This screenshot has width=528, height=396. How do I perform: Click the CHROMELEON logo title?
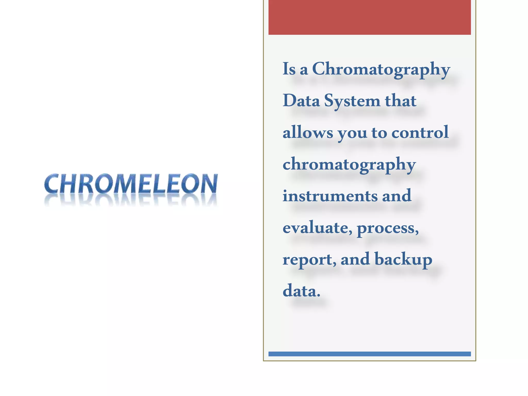tap(131, 184)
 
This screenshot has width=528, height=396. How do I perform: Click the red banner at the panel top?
tap(369, 17)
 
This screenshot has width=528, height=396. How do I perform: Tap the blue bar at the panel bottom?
tap(369, 354)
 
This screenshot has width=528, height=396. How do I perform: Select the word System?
tap(352, 101)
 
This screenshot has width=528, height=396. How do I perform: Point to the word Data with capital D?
tap(301, 101)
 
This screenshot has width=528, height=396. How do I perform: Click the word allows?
tap(308, 132)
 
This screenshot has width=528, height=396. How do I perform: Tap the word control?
tap(420, 132)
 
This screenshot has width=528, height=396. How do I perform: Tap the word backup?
tap(403, 259)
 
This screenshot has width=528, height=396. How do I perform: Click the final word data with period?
tap(301, 291)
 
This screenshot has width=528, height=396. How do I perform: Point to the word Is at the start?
tap(289, 69)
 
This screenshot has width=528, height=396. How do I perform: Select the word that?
tap(401, 101)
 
